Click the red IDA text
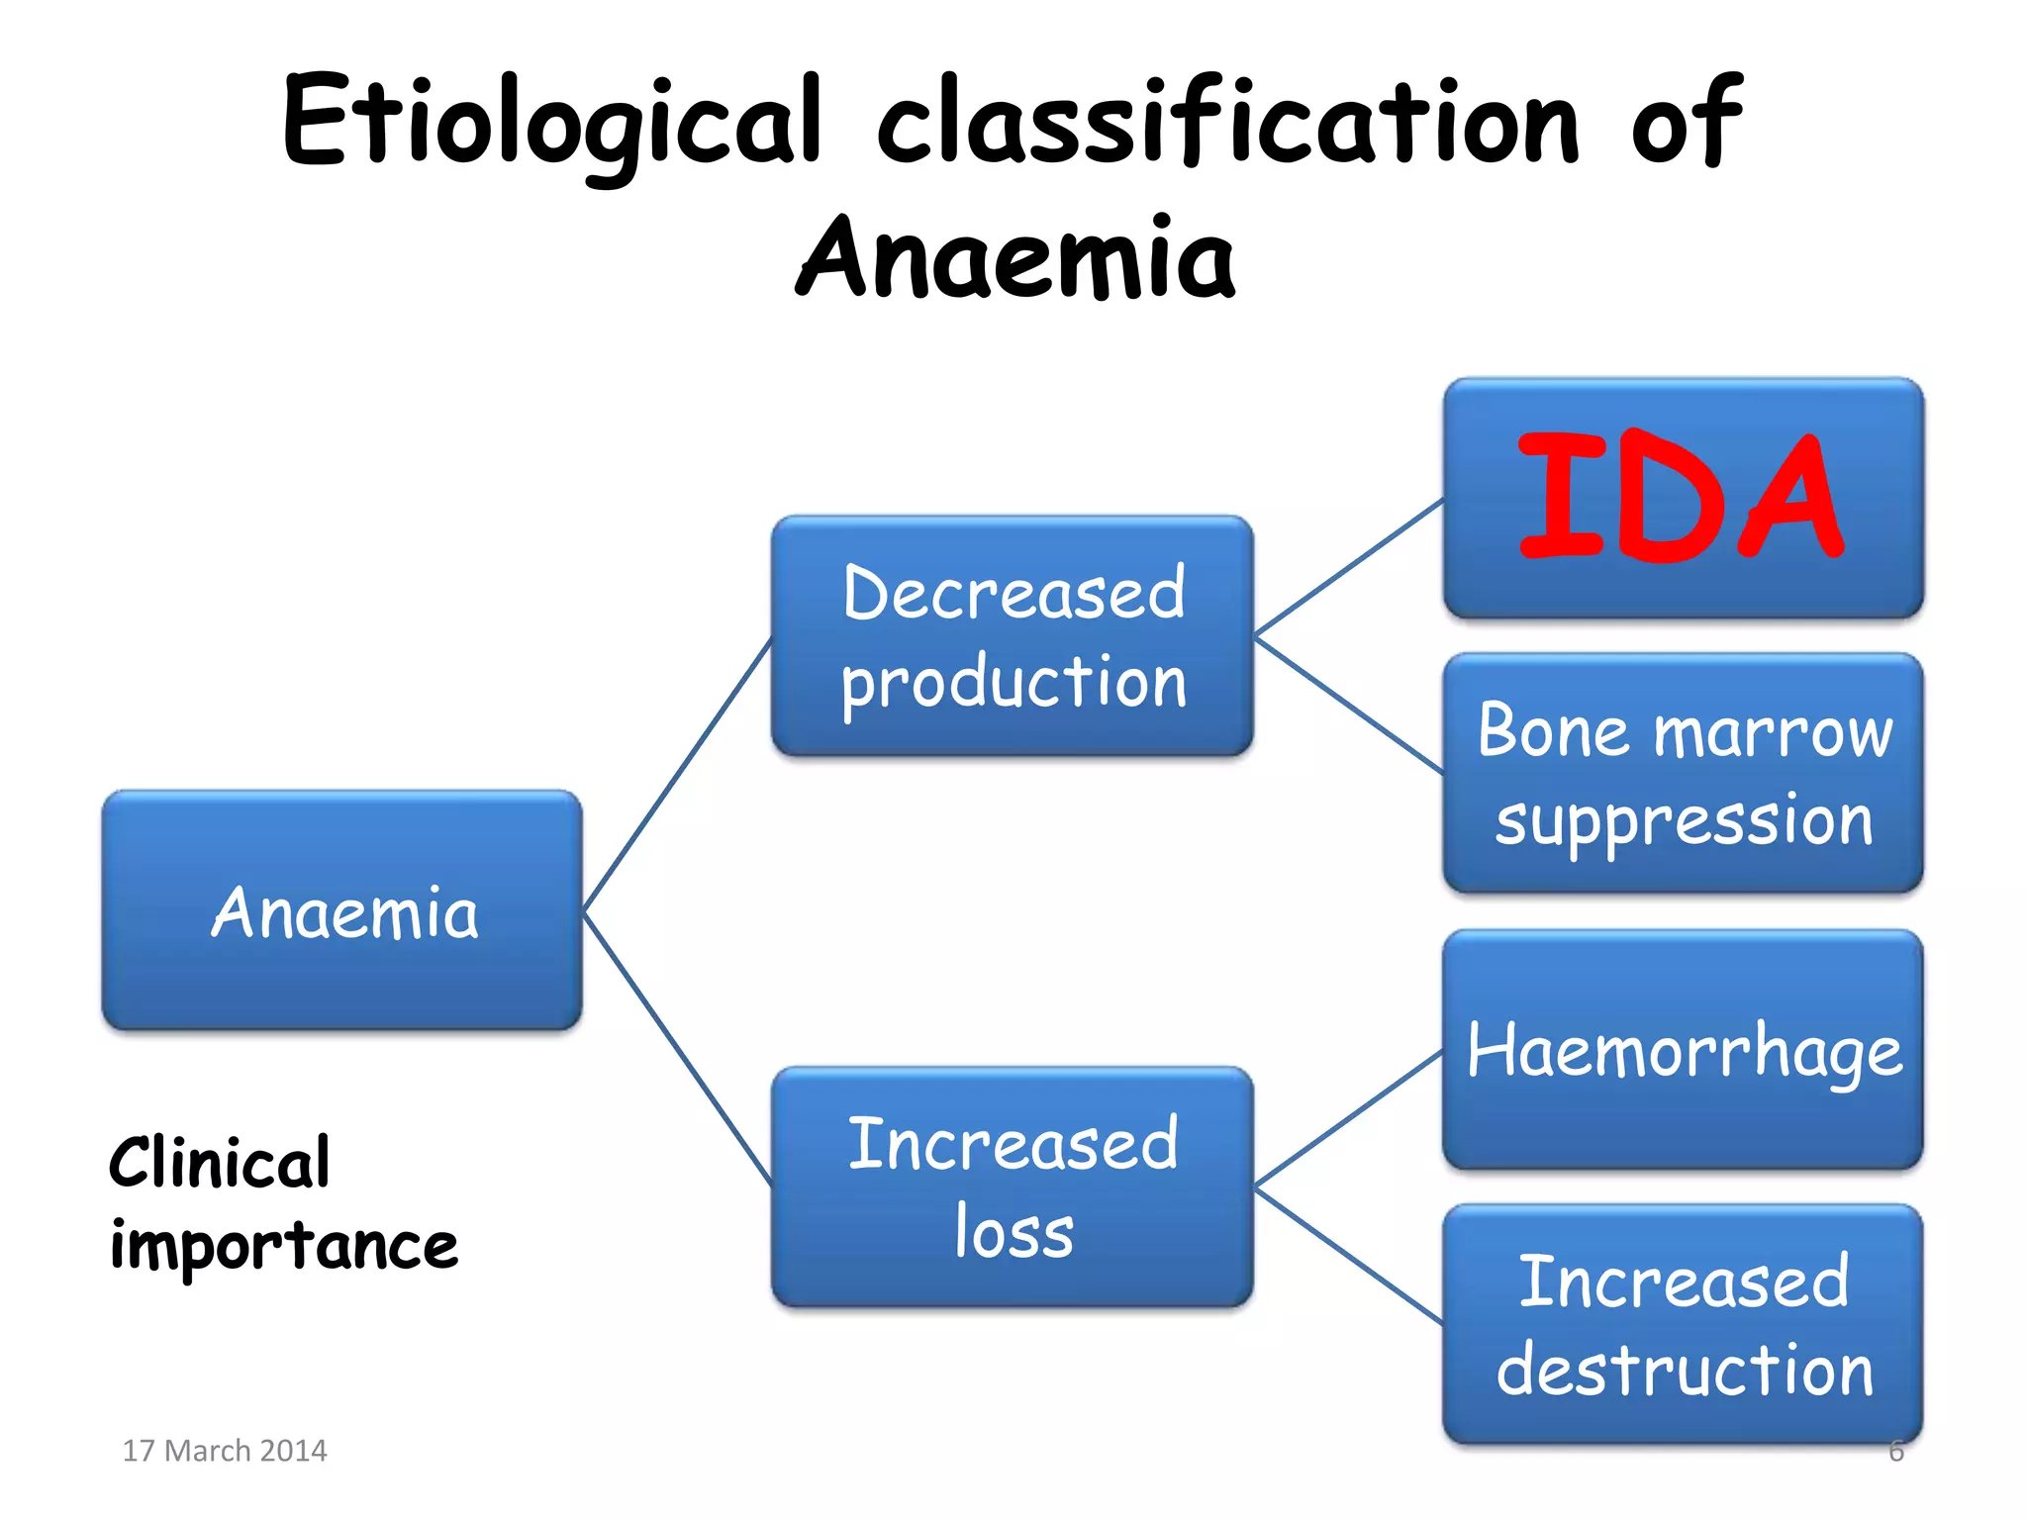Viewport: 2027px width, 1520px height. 1680,497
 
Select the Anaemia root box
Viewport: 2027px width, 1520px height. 342,910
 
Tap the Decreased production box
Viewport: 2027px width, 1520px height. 1012,635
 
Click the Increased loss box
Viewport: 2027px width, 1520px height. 1012,1187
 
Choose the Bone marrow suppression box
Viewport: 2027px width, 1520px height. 1683,773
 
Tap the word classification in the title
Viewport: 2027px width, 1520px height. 1227,123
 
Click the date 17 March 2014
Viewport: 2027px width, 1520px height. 224,1450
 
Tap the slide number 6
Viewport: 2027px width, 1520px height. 1895,1451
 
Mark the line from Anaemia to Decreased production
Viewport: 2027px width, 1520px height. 677,775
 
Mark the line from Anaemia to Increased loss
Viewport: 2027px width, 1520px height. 677,1049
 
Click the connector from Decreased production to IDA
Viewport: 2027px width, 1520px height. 1348,568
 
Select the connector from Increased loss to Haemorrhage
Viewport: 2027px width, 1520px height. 1348,1119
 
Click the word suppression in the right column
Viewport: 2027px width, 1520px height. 1683,821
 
